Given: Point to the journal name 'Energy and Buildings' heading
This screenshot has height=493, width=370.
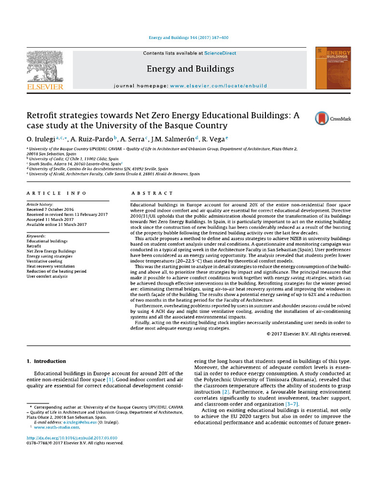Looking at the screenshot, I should click(x=190, y=69).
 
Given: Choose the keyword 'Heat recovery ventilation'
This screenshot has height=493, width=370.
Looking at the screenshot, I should click(x=51, y=266).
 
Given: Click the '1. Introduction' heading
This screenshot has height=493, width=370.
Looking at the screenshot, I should click(x=46, y=361).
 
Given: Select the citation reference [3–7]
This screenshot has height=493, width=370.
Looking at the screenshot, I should click(x=292, y=404).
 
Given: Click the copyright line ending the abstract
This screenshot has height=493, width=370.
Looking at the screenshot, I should click(x=308, y=333).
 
